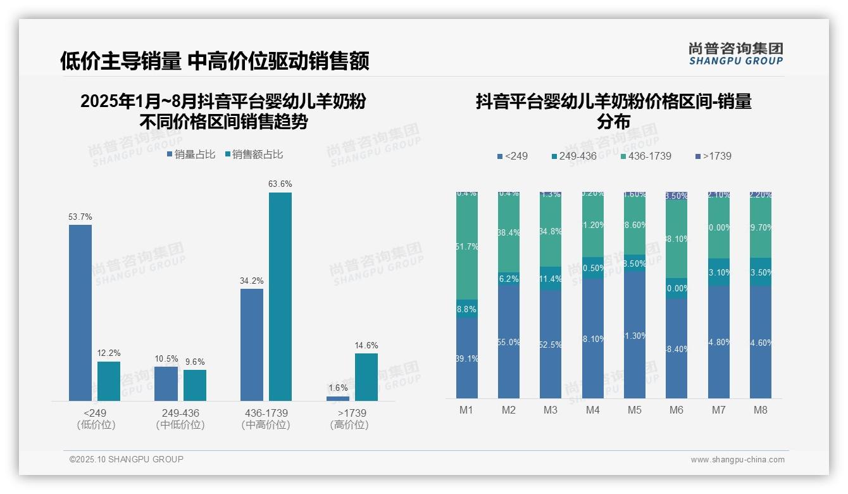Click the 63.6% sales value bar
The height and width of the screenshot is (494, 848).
280,296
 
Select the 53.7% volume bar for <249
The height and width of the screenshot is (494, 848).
80,313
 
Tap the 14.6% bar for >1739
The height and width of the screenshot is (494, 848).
366,377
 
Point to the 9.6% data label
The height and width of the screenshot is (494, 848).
195,362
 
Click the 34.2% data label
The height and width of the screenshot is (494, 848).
252,281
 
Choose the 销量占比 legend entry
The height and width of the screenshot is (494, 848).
190,155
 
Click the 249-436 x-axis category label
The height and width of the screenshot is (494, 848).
180,413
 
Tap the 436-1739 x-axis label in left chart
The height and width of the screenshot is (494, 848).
266,413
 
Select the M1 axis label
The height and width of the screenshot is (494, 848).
466,410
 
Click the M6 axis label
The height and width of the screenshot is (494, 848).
677,410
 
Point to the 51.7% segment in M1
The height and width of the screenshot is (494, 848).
467,246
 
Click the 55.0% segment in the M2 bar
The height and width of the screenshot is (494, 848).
509,341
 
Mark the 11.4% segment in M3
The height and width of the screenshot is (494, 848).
551,279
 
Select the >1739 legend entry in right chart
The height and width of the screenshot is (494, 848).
713,156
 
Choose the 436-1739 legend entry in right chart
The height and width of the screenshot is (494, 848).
645,156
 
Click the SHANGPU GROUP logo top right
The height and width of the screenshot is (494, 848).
736,53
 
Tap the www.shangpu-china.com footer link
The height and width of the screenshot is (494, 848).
737,460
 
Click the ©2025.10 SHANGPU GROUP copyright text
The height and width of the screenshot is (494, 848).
127,459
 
